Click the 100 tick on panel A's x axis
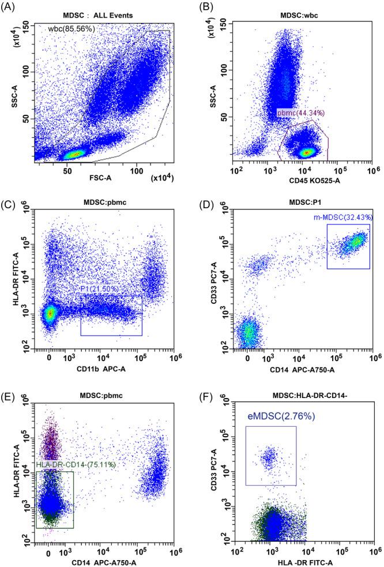pyautogui.click(x=137, y=171)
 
